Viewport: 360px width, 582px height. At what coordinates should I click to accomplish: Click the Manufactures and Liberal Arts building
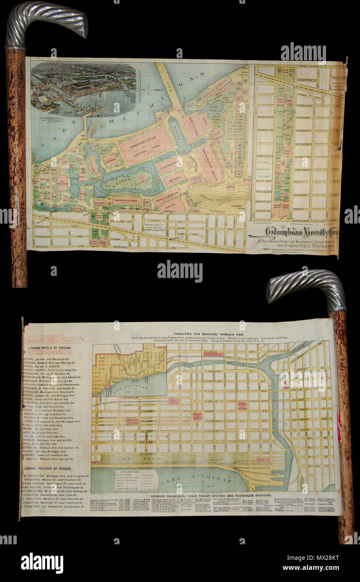pos(145,145)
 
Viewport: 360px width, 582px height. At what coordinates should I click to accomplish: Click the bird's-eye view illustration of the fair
pos(84,89)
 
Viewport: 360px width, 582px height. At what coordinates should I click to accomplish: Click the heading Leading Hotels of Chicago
pos(49,348)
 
